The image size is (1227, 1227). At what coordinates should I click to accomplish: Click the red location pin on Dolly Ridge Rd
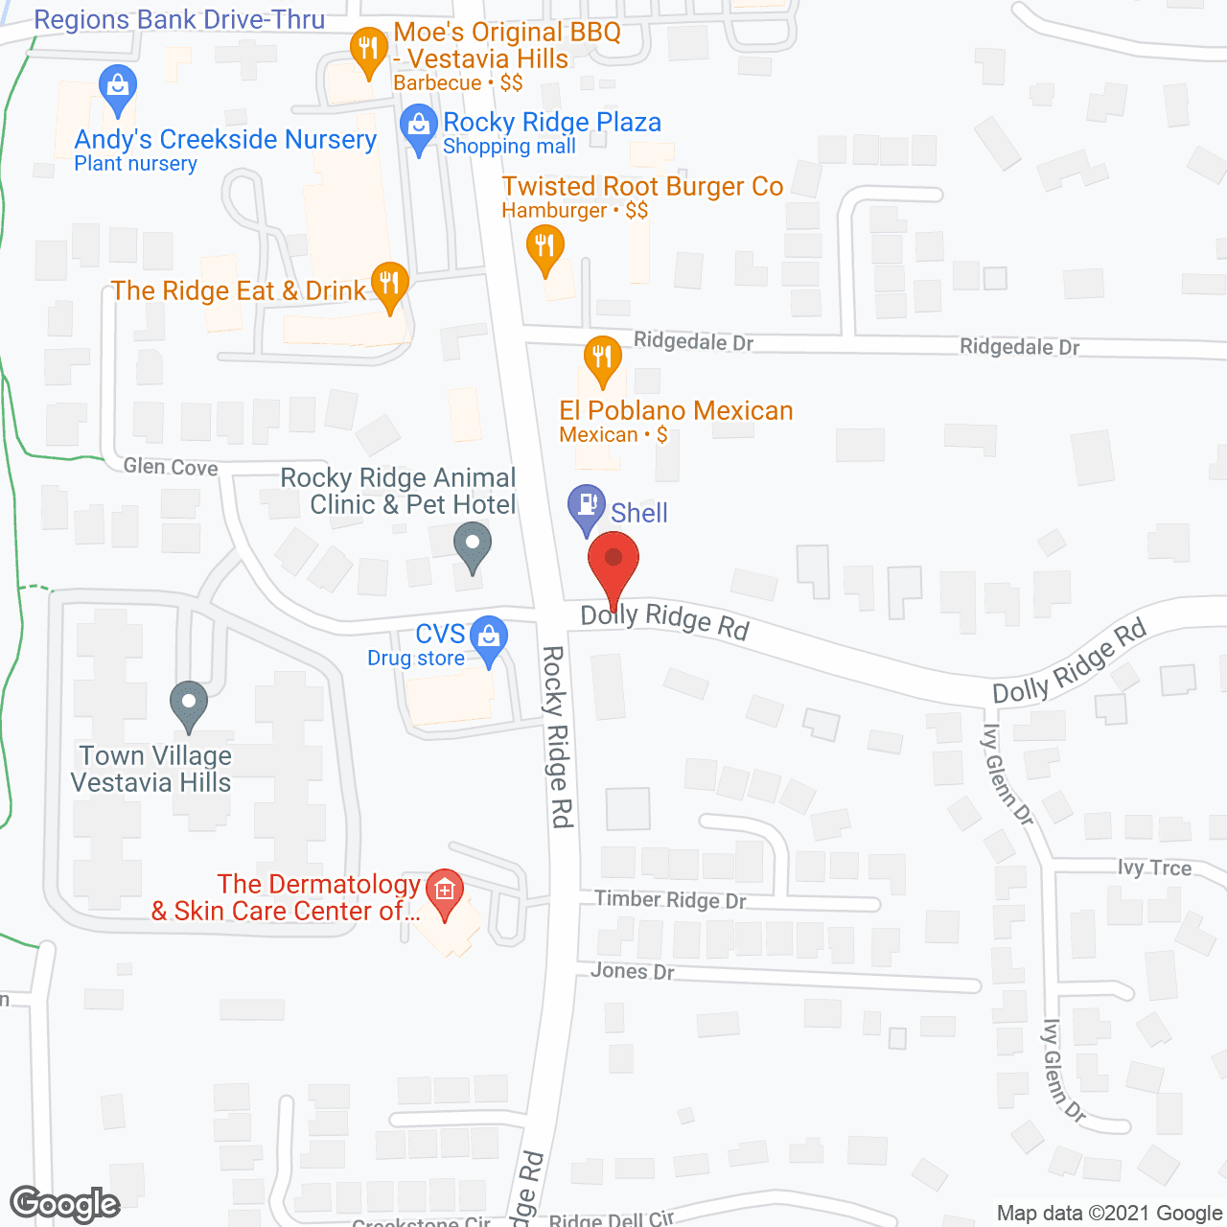[613, 562]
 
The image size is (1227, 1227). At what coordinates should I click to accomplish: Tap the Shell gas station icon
[586, 505]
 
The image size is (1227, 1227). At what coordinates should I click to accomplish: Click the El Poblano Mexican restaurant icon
[602, 359]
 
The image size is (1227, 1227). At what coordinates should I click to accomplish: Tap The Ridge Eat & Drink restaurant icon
[389, 283]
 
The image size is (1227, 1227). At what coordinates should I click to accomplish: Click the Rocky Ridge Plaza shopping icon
[418, 126]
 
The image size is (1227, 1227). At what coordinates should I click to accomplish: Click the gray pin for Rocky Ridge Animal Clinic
[472, 547]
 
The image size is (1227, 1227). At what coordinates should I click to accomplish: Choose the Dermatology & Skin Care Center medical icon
[444, 891]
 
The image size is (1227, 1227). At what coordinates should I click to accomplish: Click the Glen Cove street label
[171, 467]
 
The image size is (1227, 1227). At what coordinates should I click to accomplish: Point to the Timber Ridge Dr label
[670, 899]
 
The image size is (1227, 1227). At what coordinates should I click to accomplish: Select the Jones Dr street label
[632, 971]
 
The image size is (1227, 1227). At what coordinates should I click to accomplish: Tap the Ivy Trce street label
[1154, 868]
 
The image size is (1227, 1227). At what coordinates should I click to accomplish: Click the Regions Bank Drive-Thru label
[179, 19]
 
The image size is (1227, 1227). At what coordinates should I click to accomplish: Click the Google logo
[64, 1204]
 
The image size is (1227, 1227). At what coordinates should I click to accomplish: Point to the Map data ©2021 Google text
[1109, 1213]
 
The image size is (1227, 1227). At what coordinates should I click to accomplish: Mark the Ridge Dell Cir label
[612, 1219]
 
